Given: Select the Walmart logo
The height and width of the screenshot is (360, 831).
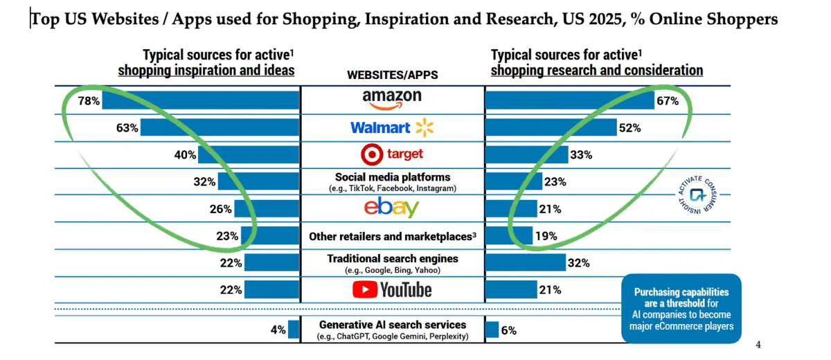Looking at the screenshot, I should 391,127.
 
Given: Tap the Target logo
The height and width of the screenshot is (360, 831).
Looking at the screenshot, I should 392,154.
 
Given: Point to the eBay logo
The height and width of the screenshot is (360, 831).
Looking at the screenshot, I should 392,208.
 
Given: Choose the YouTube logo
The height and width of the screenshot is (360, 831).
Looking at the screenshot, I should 392,289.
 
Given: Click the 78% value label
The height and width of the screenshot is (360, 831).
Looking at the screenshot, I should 89,101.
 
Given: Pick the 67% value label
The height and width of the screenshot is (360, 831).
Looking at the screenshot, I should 668,101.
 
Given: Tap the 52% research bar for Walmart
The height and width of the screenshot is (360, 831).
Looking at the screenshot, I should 551,128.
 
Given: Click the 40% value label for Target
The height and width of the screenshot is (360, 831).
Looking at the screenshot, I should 185,155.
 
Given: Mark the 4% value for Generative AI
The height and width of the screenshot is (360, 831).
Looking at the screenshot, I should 278,330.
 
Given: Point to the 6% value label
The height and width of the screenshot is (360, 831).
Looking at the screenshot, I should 508,330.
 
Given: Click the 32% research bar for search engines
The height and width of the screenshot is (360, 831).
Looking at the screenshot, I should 525,262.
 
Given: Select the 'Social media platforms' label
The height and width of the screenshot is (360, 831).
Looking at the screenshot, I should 392,177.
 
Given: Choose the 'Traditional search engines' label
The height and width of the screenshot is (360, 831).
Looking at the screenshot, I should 392,259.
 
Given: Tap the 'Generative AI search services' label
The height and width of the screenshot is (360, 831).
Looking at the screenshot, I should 392,325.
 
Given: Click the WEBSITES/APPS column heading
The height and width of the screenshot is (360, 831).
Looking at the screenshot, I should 392,75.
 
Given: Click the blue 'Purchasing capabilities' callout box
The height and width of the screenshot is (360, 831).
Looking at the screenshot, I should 681,307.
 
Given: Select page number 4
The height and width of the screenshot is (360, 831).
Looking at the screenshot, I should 758,345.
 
